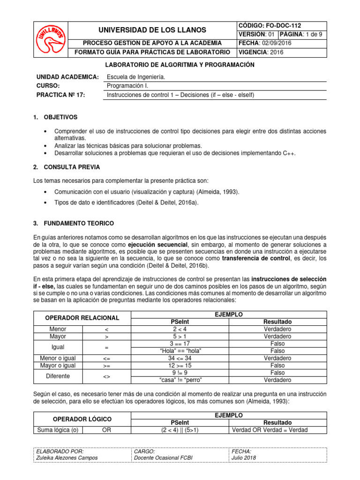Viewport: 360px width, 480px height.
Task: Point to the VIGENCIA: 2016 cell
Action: pyautogui.click(x=261, y=52)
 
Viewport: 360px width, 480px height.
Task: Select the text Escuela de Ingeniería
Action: pyautogui.click(x=136, y=77)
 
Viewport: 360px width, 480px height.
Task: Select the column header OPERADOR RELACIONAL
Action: pyautogui.click(x=82, y=318)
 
